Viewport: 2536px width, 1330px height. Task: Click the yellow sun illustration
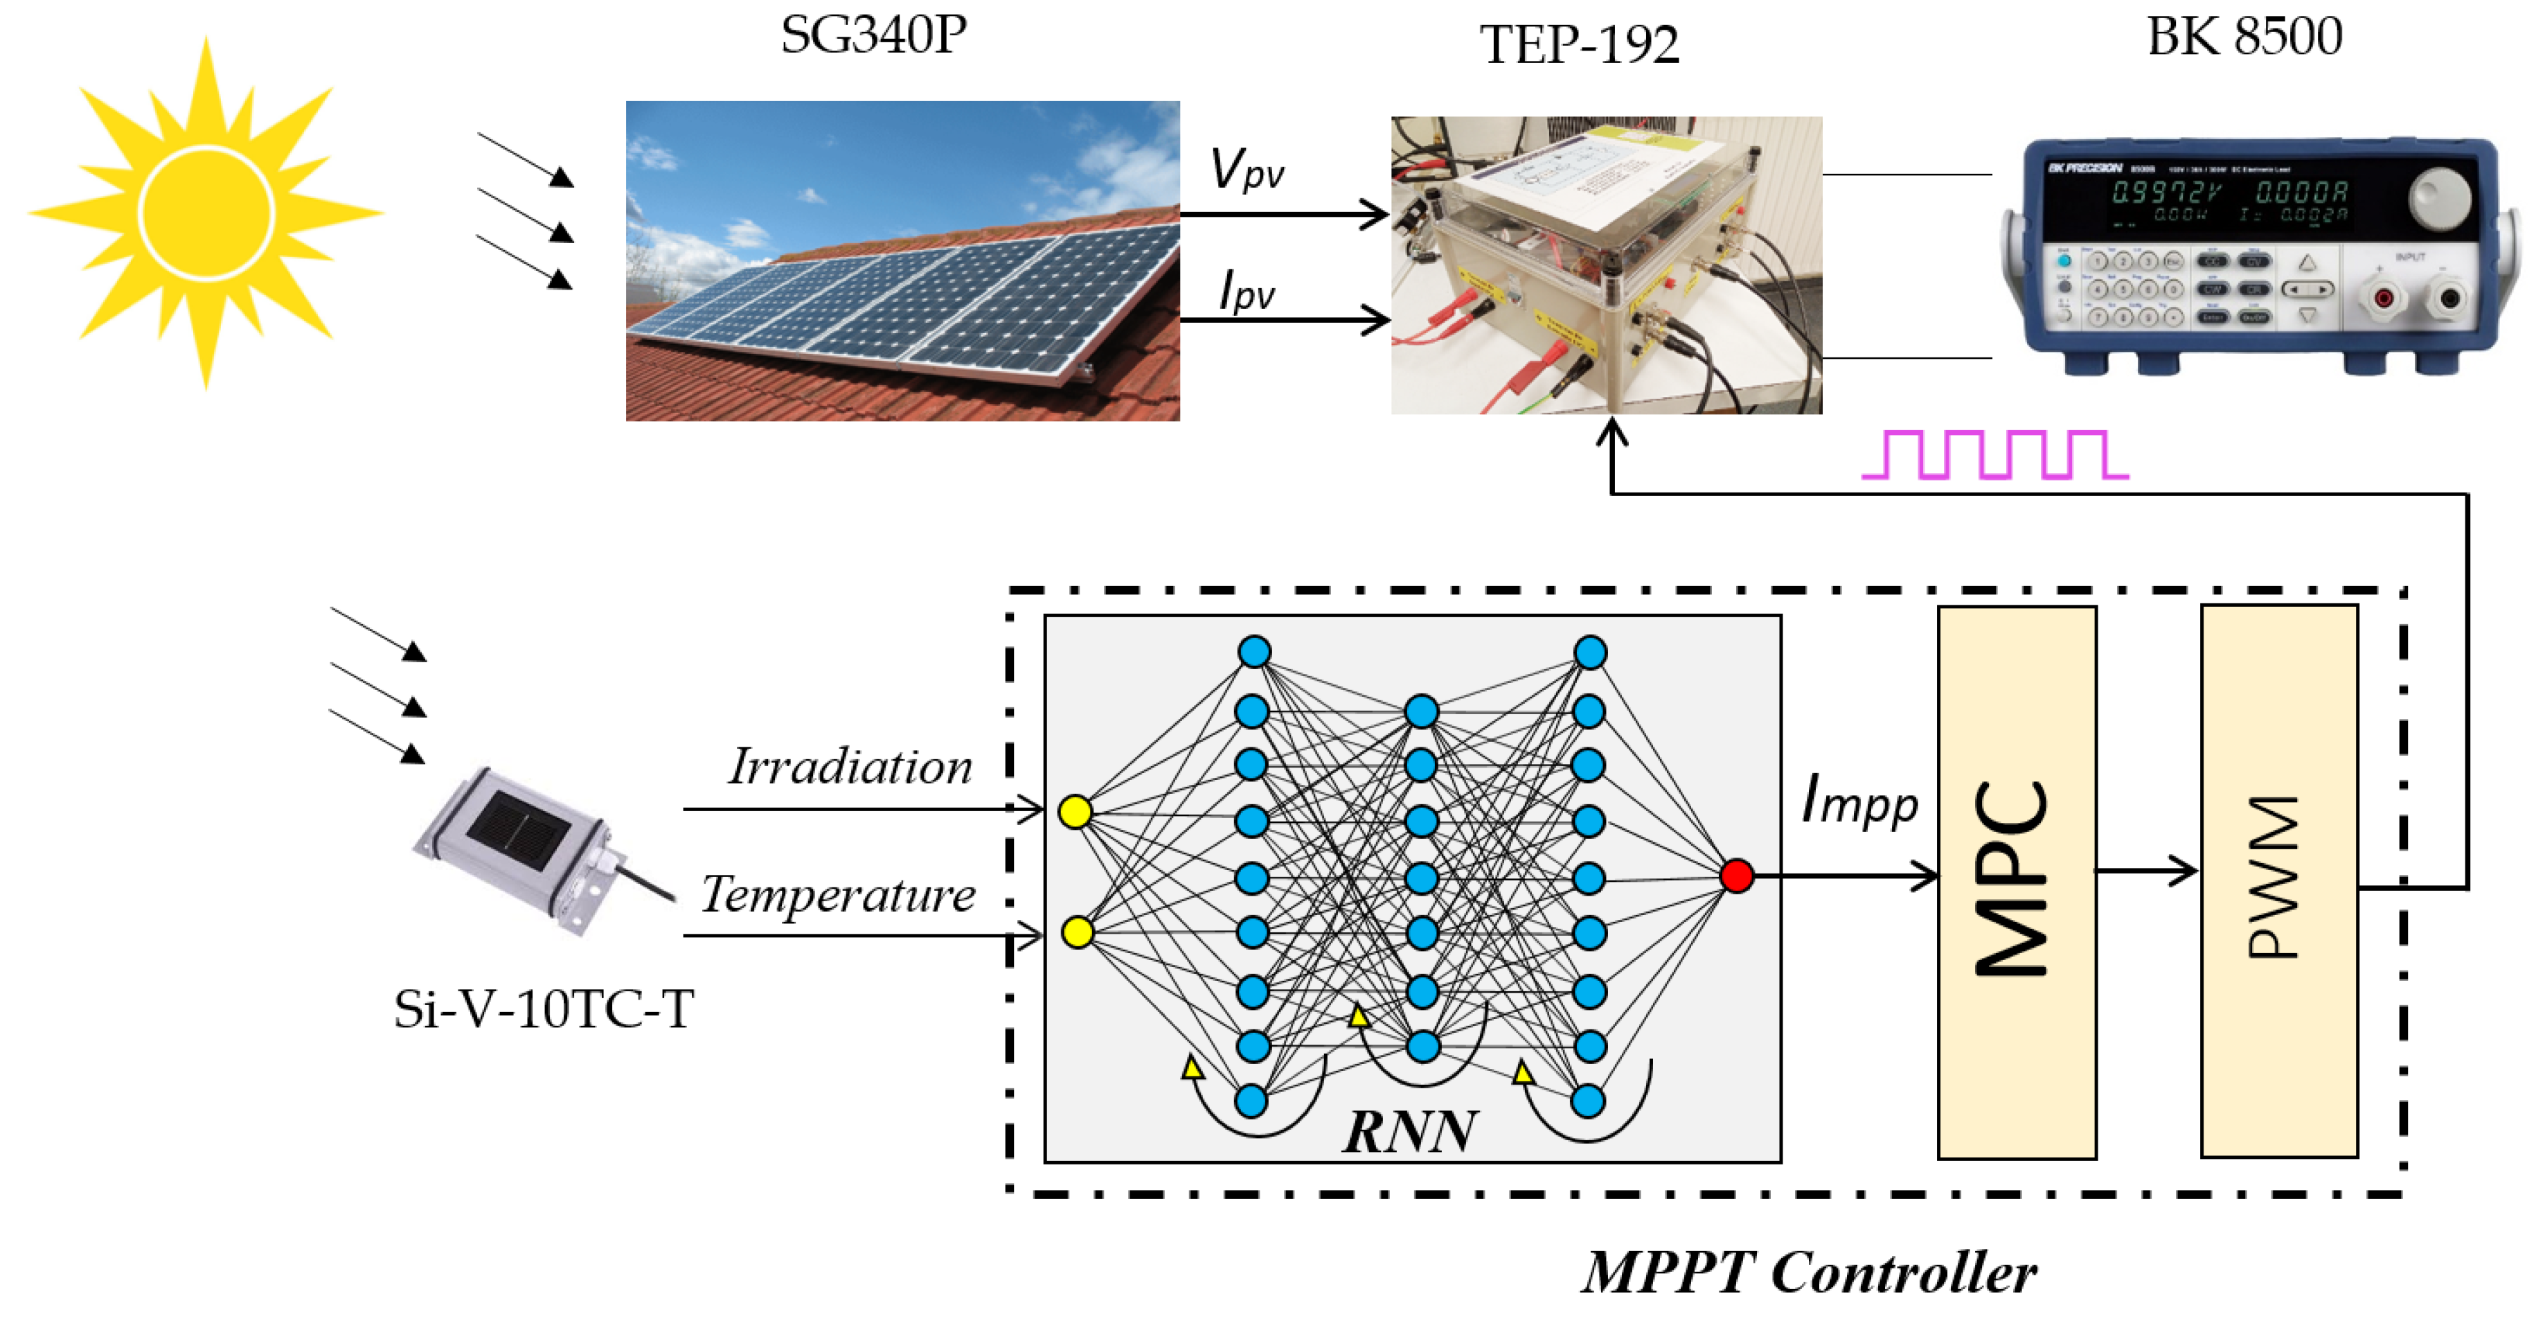click(206, 213)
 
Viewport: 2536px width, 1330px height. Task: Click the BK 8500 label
click(2244, 37)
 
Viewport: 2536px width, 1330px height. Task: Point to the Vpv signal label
click(1247, 169)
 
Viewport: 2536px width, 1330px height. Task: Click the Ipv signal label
click(1247, 292)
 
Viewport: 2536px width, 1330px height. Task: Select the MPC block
click(2016, 882)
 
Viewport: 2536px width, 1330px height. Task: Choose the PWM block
click(2278, 880)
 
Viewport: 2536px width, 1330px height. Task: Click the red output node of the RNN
click(1737, 875)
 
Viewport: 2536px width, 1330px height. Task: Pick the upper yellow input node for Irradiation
click(1075, 812)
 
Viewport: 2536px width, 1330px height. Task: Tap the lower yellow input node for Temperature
click(1078, 931)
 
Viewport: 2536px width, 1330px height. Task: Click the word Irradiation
click(850, 767)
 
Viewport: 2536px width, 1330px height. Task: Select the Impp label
click(1859, 800)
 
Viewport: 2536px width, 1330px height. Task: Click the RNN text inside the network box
click(1410, 1131)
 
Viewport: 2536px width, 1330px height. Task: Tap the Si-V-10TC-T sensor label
click(544, 1009)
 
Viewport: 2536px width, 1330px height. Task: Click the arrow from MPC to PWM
click(2146, 870)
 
